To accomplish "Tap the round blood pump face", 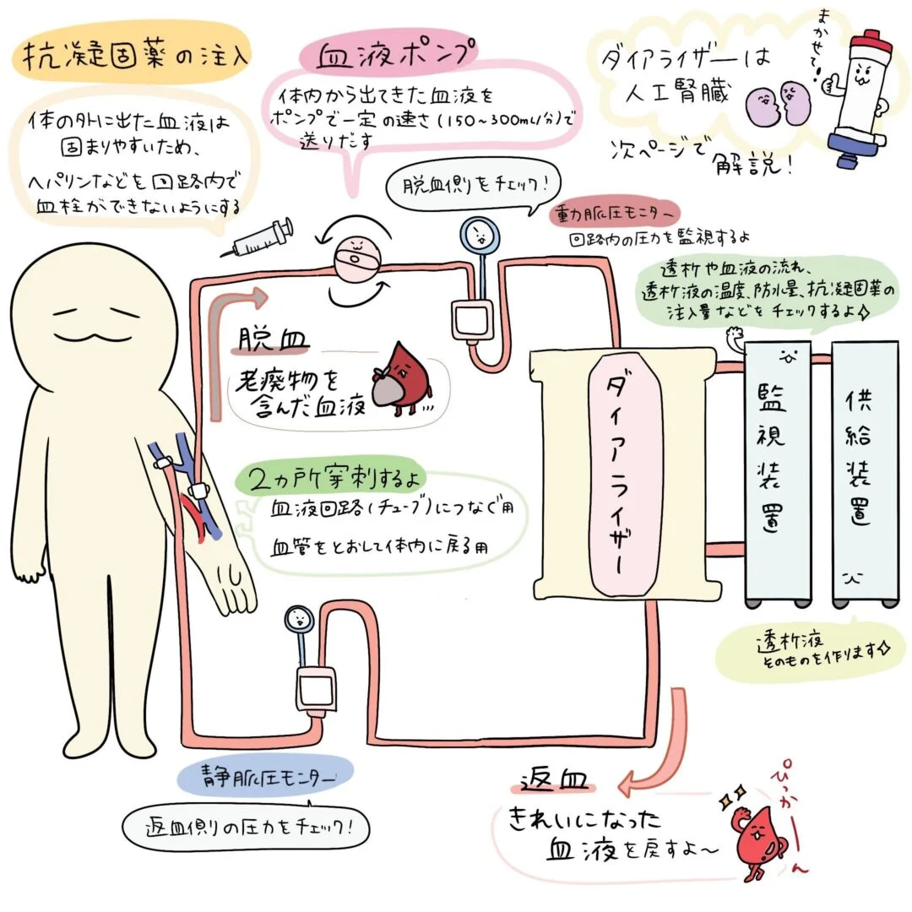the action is coord(356,259).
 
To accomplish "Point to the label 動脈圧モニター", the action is coord(614,214).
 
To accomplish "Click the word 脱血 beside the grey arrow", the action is coord(273,339).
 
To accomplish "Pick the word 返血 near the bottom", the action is coord(552,779).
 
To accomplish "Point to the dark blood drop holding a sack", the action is coord(401,379).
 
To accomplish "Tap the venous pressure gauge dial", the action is coord(299,620).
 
